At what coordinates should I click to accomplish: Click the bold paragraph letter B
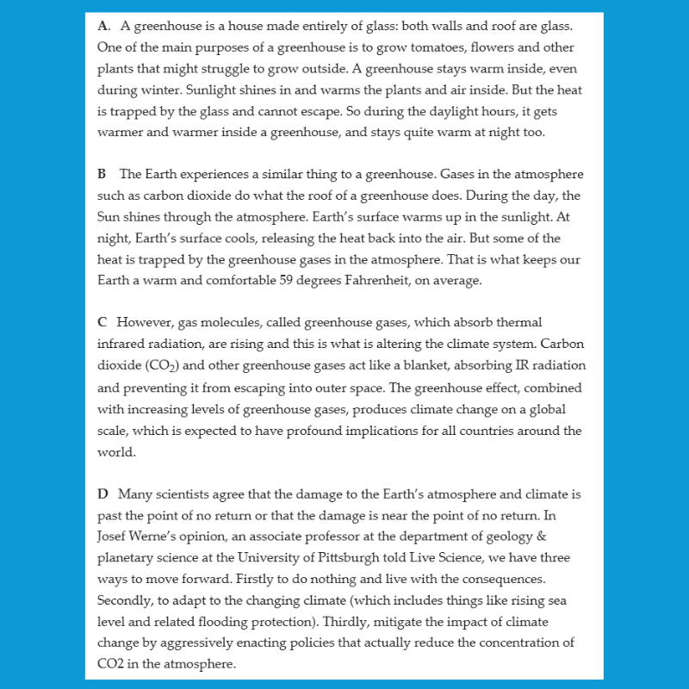102,174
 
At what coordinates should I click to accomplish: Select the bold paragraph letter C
102,322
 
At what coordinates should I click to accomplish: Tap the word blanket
421,365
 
